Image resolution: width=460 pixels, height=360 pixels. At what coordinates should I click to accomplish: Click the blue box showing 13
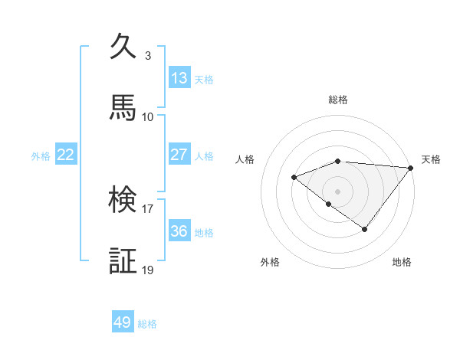[x=179, y=78]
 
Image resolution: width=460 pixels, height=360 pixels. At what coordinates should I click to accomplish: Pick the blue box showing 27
[x=179, y=155]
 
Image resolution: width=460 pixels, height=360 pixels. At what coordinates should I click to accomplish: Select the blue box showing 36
[x=179, y=231]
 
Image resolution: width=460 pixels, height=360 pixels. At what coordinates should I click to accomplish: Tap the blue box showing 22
[x=66, y=155]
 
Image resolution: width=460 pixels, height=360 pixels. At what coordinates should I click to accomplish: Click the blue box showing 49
[x=123, y=322]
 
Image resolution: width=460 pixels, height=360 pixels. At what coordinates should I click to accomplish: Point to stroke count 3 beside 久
[x=148, y=56]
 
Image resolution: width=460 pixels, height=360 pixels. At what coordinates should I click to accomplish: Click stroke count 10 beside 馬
[x=148, y=117]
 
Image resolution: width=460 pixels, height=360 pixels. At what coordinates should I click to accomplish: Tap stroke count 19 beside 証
[x=148, y=270]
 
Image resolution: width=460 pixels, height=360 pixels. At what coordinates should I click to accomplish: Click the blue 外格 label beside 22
[x=41, y=156]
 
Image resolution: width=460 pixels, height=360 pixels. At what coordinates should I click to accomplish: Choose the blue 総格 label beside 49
[x=147, y=324]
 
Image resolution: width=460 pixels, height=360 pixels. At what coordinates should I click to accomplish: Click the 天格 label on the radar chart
[x=431, y=159]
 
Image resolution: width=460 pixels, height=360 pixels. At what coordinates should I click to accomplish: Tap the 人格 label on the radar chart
[x=245, y=159]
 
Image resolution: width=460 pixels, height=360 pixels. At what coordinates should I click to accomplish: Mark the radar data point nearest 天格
[x=411, y=168]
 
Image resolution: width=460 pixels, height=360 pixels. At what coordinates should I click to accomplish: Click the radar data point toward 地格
[x=365, y=229]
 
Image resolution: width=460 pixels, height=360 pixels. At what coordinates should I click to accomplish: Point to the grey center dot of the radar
[x=338, y=191]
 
